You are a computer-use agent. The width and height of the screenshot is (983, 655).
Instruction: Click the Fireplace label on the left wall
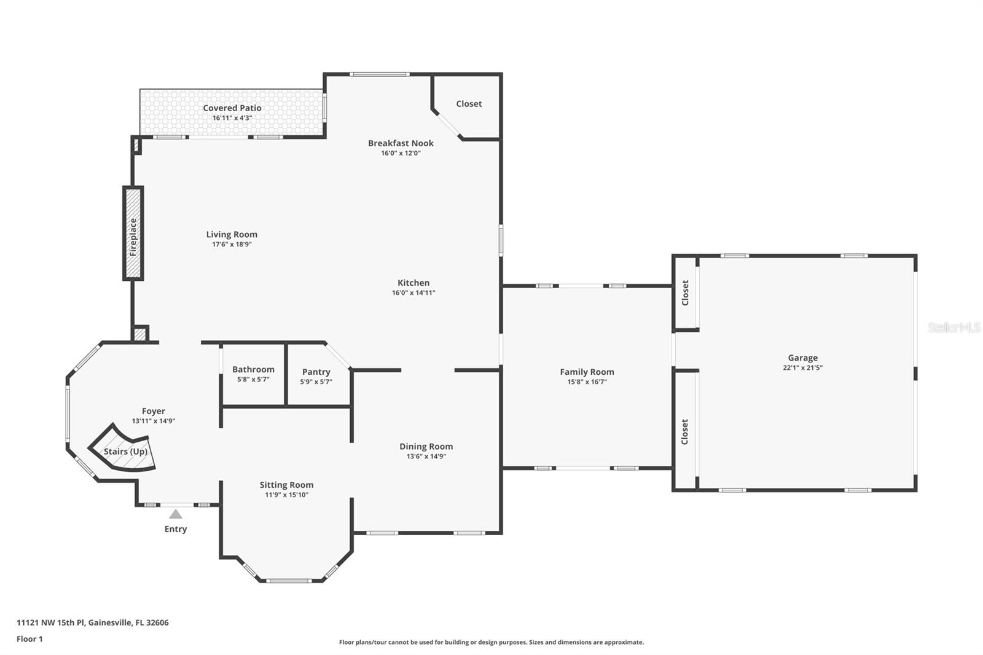pyautogui.click(x=133, y=237)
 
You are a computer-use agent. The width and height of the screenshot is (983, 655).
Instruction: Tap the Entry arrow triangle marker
pyautogui.click(x=176, y=514)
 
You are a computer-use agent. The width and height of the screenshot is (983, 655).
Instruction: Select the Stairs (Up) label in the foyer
pyautogui.click(x=125, y=452)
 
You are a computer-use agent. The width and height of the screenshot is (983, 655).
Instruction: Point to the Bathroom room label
pyautogui.click(x=253, y=369)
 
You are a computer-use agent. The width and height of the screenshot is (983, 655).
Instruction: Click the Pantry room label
pyautogui.click(x=316, y=372)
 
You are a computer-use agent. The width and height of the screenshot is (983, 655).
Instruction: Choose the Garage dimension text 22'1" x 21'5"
pyautogui.click(x=802, y=368)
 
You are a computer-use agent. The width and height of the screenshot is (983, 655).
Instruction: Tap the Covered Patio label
pyautogui.click(x=232, y=108)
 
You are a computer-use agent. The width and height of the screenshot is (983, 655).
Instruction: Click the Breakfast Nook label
pyautogui.click(x=401, y=143)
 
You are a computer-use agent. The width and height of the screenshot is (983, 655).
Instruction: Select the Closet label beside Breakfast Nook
pyautogui.click(x=469, y=104)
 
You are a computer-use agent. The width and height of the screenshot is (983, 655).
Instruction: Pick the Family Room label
pyautogui.click(x=587, y=372)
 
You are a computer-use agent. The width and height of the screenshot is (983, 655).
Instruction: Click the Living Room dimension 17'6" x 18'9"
pyautogui.click(x=232, y=245)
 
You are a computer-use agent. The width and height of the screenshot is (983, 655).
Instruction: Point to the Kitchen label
pyautogui.click(x=413, y=283)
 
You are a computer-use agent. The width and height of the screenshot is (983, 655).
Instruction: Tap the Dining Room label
pyautogui.click(x=426, y=447)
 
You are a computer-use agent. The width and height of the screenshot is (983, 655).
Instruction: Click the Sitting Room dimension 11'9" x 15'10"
pyautogui.click(x=286, y=495)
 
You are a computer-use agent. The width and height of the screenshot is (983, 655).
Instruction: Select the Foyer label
pyautogui.click(x=154, y=412)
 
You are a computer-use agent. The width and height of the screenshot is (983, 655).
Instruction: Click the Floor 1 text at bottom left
pyautogui.click(x=29, y=639)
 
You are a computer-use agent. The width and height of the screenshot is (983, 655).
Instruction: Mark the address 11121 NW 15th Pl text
pyautogui.click(x=92, y=622)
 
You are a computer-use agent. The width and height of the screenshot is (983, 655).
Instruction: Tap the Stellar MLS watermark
pyautogui.click(x=954, y=327)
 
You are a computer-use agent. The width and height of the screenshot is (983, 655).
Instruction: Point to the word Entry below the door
pyautogui.click(x=176, y=529)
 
